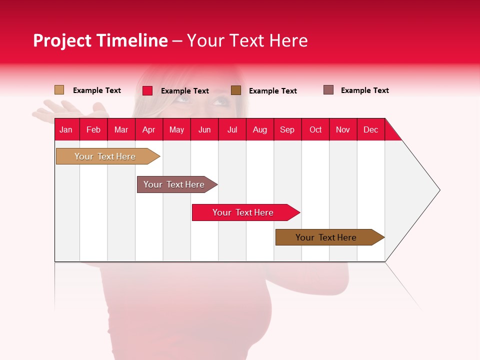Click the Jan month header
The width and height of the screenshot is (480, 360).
point(66,129)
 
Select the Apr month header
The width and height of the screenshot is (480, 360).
point(149,129)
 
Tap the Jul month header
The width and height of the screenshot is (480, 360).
point(232,129)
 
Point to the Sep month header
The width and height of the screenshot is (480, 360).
point(287,129)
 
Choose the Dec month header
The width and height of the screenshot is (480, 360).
point(370,129)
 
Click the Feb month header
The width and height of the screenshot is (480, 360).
point(93,129)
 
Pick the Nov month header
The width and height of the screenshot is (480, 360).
point(343,129)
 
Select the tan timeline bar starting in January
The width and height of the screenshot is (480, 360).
point(105,156)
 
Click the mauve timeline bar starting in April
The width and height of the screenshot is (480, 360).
point(174,184)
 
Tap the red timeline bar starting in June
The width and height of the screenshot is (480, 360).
point(243,212)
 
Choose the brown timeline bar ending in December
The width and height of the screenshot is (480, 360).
point(326,237)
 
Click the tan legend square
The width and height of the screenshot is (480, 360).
point(59,90)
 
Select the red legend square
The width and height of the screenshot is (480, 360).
point(147,90)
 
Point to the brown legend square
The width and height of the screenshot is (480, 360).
point(236,90)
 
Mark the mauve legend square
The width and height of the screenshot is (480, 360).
point(328,90)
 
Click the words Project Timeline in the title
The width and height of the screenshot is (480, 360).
point(100,40)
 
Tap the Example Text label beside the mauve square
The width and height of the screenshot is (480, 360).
point(364,90)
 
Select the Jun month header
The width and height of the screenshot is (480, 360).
point(204,129)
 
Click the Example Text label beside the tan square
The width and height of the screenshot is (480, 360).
point(97,90)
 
